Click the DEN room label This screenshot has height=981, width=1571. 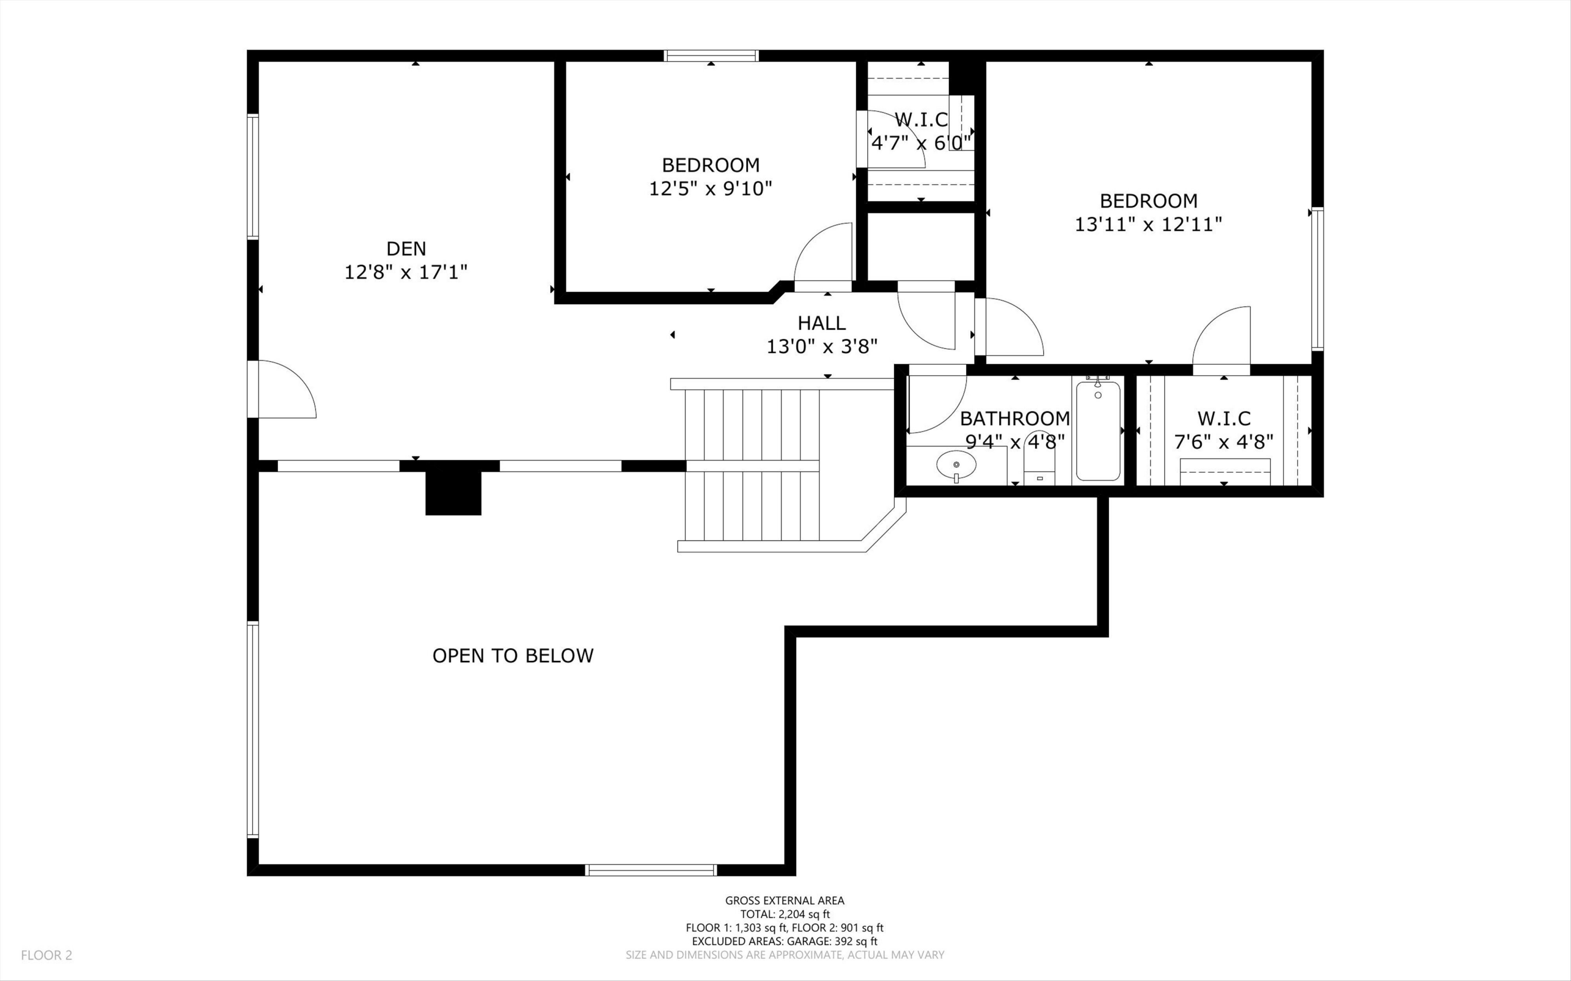click(406, 249)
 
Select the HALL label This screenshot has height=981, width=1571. click(822, 323)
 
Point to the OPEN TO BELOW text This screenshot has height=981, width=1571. click(513, 656)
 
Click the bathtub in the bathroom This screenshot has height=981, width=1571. click(1098, 431)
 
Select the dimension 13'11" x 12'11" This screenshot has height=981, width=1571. click(1148, 225)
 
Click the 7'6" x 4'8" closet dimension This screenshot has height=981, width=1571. click(1224, 442)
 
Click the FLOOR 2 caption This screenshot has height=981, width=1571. click(47, 955)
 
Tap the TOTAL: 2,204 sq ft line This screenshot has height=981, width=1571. click(784, 914)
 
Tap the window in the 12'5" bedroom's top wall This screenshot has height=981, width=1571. click(711, 56)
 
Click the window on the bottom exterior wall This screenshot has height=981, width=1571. click(651, 870)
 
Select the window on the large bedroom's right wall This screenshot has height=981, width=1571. click(1317, 279)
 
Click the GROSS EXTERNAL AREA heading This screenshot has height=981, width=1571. click(784, 900)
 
